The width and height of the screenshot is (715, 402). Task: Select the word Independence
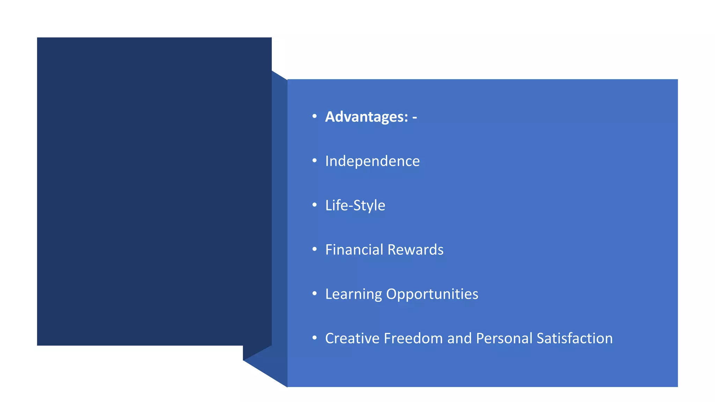[x=372, y=161]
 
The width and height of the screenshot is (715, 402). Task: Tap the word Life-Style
[x=355, y=206]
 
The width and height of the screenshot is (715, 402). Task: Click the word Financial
[x=354, y=250]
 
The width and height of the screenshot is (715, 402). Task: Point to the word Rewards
[x=415, y=250]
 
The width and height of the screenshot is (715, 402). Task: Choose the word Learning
[x=353, y=294]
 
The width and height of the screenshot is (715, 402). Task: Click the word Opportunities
[x=432, y=294]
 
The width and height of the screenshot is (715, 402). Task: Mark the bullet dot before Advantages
[x=315, y=116]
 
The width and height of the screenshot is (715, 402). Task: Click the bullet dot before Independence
[x=315, y=161]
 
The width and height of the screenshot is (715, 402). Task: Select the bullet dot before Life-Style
[x=315, y=205]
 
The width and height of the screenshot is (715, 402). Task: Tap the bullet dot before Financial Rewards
[x=315, y=249]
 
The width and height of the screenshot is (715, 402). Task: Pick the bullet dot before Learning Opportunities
[x=315, y=293]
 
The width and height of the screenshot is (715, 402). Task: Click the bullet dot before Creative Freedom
[x=315, y=338]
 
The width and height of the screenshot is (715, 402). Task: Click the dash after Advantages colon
[x=414, y=118]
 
